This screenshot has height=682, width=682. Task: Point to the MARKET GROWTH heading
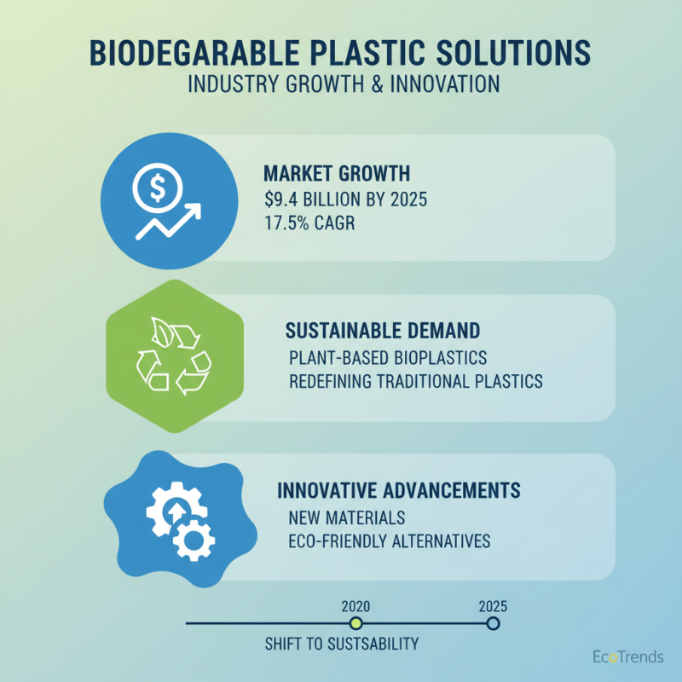click(338, 174)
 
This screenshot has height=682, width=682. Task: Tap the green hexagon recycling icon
click(175, 359)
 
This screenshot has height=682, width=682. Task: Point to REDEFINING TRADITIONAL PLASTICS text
click(416, 381)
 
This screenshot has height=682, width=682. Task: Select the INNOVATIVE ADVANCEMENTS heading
click(399, 491)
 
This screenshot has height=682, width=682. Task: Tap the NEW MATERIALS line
click(346, 517)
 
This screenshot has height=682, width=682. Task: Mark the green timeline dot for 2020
click(355, 624)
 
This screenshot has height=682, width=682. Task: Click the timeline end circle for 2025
click(493, 623)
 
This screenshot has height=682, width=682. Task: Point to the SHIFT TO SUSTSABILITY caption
click(342, 644)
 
